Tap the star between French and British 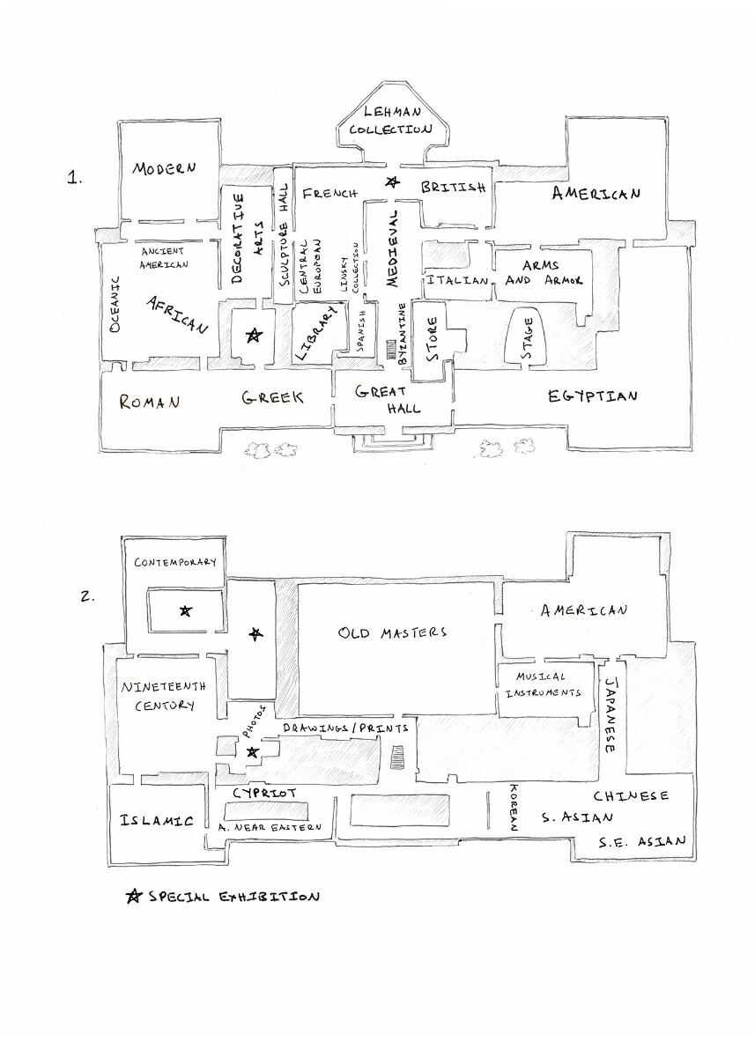392,182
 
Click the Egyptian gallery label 592,396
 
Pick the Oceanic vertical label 115,304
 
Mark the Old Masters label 392,632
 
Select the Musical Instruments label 541,684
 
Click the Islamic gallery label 157,821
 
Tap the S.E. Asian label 641,841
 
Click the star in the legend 134,897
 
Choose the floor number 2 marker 87,595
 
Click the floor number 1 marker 75,178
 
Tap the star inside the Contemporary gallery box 185,610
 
